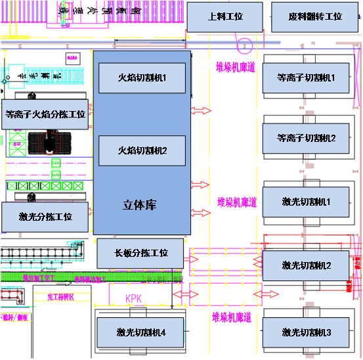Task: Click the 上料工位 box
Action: click(x=224, y=17)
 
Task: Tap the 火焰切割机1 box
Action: click(x=142, y=78)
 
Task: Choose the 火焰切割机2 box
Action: click(x=142, y=150)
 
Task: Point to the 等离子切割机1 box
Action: click(x=306, y=78)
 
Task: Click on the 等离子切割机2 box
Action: click(x=306, y=138)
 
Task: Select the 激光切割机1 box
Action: click(x=306, y=201)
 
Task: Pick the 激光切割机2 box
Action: click(x=306, y=265)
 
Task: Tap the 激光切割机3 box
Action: click(x=306, y=332)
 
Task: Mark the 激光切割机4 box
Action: click(x=140, y=332)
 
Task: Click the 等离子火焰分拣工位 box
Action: click(x=45, y=114)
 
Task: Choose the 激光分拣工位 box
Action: click(x=45, y=216)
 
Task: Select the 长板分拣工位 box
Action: click(x=140, y=253)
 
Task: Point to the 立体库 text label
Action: click(x=140, y=205)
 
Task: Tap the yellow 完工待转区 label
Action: click(x=61, y=297)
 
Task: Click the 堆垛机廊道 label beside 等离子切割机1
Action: click(x=235, y=66)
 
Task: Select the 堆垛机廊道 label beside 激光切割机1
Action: click(x=236, y=202)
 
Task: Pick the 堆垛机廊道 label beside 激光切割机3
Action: click(x=232, y=317)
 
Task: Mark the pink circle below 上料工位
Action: click(x=244, y=46)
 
